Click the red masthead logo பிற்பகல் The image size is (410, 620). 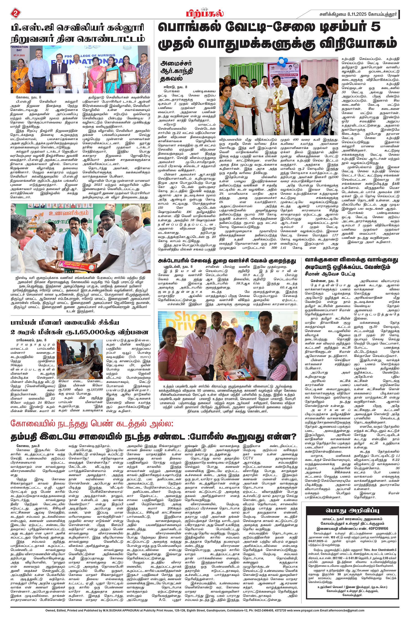coord(205,13)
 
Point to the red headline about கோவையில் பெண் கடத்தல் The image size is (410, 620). coord(92,423)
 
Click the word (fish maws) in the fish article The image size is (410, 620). coord(140,356)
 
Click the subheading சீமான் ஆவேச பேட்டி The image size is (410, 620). coord(330,274)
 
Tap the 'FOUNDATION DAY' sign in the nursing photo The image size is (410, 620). coord(19,48)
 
